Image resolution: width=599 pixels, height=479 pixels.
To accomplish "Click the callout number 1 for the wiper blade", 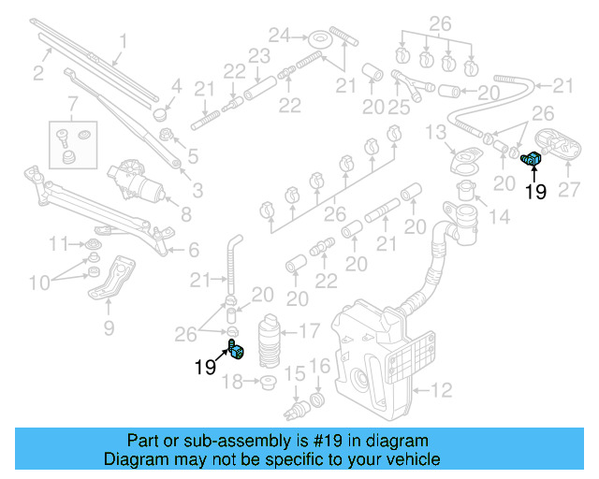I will click(123, 40).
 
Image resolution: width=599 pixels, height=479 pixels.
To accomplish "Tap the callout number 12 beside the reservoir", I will click(441, 388).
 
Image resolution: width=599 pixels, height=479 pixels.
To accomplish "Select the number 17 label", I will click(308, 329).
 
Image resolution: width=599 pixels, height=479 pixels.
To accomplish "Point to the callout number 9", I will click(108, 327).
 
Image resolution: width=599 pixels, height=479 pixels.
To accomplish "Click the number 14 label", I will click(500, 218).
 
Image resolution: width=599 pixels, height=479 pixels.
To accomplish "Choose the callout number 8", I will click(185, 215).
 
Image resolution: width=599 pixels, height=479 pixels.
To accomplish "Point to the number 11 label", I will click(59, 244).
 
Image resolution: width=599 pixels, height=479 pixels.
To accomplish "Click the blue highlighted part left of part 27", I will click(533, 160).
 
